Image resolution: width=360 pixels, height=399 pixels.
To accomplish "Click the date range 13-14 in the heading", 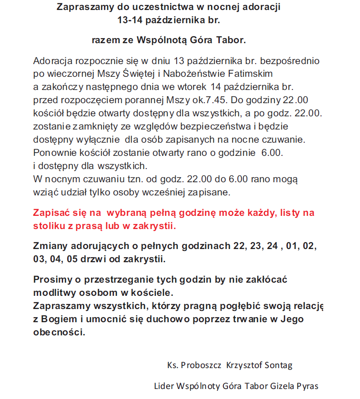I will coord(130,20).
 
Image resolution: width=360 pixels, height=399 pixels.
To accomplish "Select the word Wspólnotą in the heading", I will coord(165,40).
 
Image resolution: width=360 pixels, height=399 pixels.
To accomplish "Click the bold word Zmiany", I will coord(50,246).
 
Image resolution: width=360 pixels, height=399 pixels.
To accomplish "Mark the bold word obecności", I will coord(59,332).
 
